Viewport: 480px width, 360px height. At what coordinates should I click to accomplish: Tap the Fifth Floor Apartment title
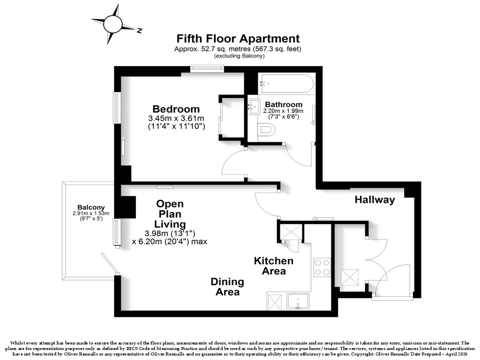tap(238, 38)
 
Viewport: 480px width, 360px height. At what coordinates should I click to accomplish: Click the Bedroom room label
tap(176, 108)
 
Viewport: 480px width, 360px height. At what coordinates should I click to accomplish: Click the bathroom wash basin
tap(253, 104)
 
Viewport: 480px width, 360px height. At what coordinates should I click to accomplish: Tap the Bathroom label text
tap(283, 104)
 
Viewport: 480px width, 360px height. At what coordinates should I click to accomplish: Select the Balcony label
tap(91, 207)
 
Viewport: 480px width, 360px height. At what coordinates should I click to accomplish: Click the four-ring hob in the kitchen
tap(322, 267)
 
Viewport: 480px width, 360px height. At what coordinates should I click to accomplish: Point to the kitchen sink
tap(298, 301)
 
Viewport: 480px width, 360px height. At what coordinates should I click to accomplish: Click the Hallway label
tap(374, 200)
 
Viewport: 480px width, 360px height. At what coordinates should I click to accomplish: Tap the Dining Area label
tap(227, 286)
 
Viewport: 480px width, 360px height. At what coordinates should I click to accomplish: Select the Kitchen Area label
tap(273, 265)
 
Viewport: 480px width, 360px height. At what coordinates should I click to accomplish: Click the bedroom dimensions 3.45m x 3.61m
tap(176, 118)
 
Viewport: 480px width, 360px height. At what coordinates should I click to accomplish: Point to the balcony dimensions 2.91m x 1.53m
tap(91, 213)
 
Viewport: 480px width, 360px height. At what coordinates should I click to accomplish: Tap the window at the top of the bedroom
tap(207, 69)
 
